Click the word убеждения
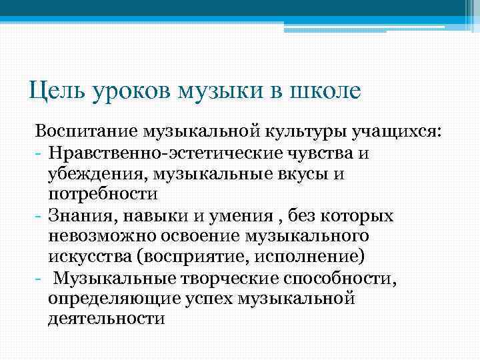[98, 174]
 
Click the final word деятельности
[106, 320]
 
